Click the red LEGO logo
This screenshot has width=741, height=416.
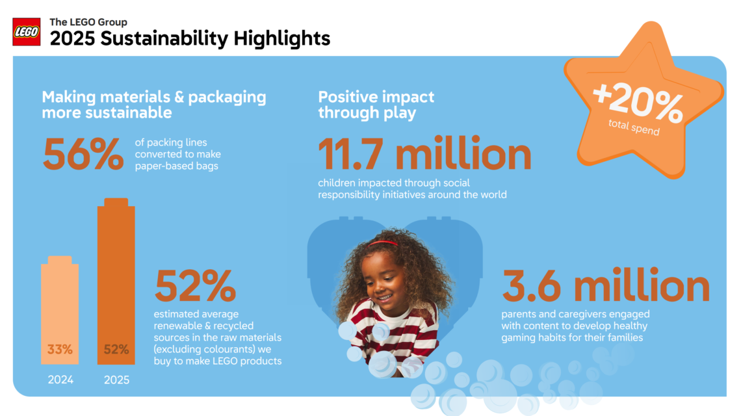pos(27,32)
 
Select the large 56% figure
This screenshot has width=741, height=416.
pos(83,155)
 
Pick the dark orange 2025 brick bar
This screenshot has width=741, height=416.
pos(116,281)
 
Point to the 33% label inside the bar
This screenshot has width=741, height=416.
pos(60,349)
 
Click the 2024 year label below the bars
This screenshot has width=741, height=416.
pos(60,380)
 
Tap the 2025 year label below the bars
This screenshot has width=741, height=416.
pos(117,380)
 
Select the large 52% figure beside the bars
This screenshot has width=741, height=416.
pos(195,285)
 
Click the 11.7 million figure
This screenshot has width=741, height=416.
pos(425,153)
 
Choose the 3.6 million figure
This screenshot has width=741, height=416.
pos(606,285)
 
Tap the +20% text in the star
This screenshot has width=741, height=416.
pos(638,102)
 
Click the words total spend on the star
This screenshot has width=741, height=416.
pos(634,127)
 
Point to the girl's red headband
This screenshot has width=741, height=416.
pos(383,244)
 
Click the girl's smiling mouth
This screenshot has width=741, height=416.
pos(383,298)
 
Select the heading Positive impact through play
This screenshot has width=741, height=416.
pos(376,105)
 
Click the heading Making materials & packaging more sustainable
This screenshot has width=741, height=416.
pos(154,105)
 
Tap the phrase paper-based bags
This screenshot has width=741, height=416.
pos(177,166)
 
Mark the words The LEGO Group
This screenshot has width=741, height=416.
pos(88,22)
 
